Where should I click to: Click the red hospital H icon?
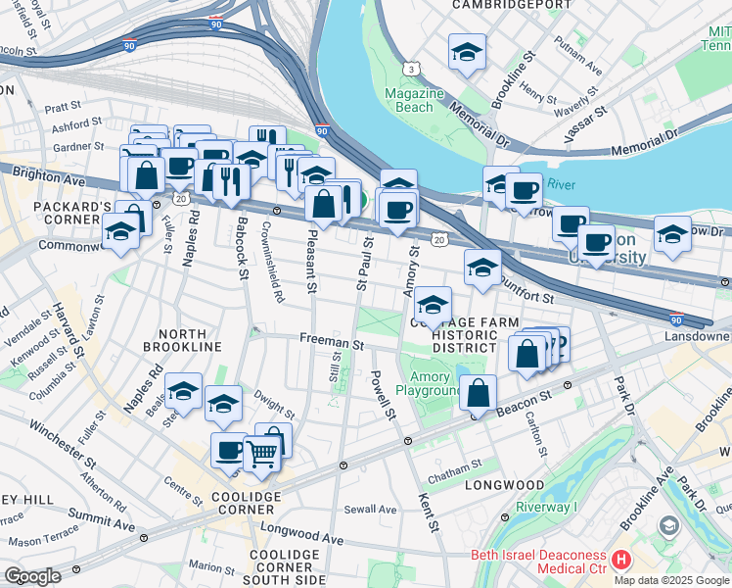pos(620,560)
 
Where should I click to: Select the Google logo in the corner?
pos(32,576)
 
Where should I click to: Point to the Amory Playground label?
pos(429,382)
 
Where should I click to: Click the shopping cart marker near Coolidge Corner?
pos(261,454)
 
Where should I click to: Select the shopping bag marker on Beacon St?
pos(478,393)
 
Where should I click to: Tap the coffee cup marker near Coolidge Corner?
pos(229,450)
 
